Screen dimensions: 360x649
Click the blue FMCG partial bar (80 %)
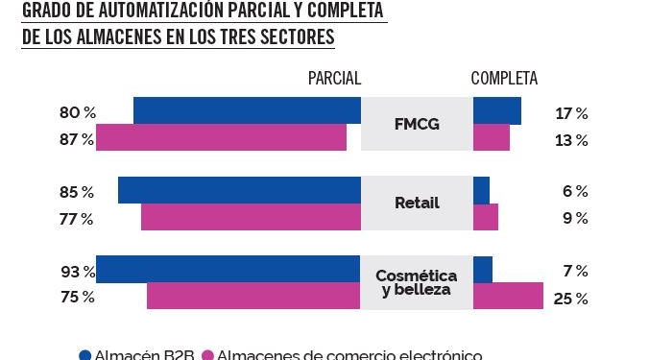tap(247, 111)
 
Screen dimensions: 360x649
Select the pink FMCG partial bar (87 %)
tap(221, 138)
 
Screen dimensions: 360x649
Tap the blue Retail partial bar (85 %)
tap(239, 190)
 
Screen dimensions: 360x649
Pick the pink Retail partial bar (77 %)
tap(251, 217)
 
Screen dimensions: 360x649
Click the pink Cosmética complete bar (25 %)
tap(508, 296)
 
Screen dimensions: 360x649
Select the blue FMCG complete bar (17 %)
tap(496, 111)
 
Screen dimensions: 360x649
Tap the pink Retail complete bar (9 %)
tap(485, 217)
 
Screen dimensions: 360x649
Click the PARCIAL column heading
tap(334, 79)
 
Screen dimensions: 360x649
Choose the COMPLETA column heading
tap(504, 79)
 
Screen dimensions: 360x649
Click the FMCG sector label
tap(417, 125)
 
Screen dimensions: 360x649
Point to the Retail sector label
tap(417, 204)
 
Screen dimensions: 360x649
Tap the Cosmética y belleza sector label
tap(416, 282)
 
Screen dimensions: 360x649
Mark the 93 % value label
tap(78, 272)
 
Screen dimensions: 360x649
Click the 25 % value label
tap(570, 299)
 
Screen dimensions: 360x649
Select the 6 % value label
tap(574, 192)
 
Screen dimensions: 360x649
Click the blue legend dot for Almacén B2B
tap(84, 354)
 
